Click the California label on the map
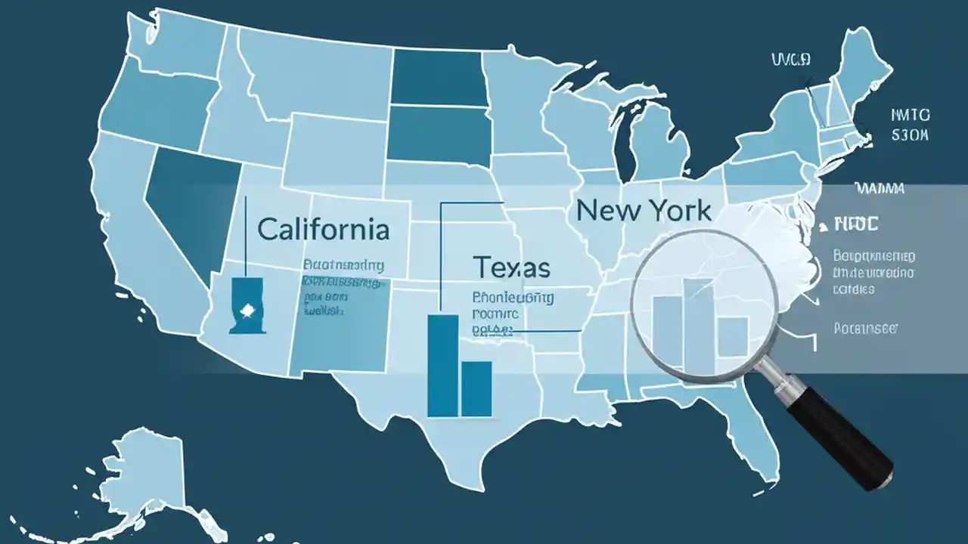[x=324, y=229]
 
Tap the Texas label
[x=511, y=267]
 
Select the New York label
[x=643, y=210]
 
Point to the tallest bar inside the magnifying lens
[x=698, y=326]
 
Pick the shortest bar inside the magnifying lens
[x=732, y=337]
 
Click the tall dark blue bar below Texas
[x=442, y=365]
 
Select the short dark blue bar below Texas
[x=476, y=388]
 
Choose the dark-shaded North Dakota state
[x=436, y=78]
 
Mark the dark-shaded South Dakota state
[x=436, y=134]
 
